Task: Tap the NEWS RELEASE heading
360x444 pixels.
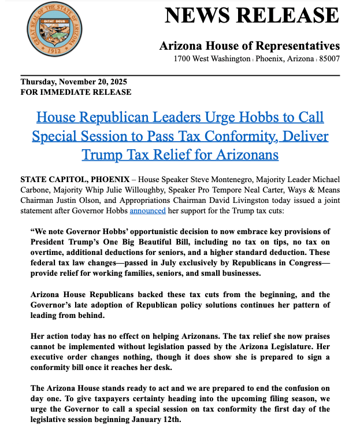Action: tap(252, 15)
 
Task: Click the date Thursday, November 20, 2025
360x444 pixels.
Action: tap(74, 82)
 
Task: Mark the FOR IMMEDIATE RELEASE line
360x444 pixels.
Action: tap(76, 92)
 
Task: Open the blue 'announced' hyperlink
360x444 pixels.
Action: tap(147, 211)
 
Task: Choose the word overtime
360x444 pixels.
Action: tap(49, 252)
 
